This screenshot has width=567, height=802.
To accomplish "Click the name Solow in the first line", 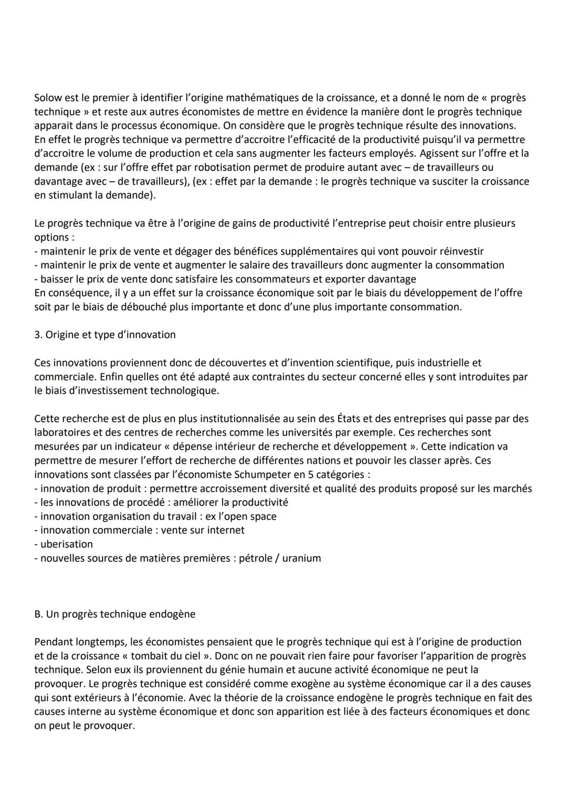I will [x=48, y=98].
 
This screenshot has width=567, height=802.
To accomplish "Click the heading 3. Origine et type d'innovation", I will [x=105, y=335].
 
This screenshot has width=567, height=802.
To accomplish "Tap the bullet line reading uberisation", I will [x=66, y=544].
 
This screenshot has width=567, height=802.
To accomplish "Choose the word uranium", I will [x=301, y=558].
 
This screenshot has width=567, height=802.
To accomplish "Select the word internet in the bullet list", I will [x=225, y=530].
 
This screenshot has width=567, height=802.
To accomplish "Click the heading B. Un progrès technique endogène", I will [x=114, y=614].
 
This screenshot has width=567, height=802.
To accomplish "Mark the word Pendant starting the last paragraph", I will [x=54, y=642].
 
